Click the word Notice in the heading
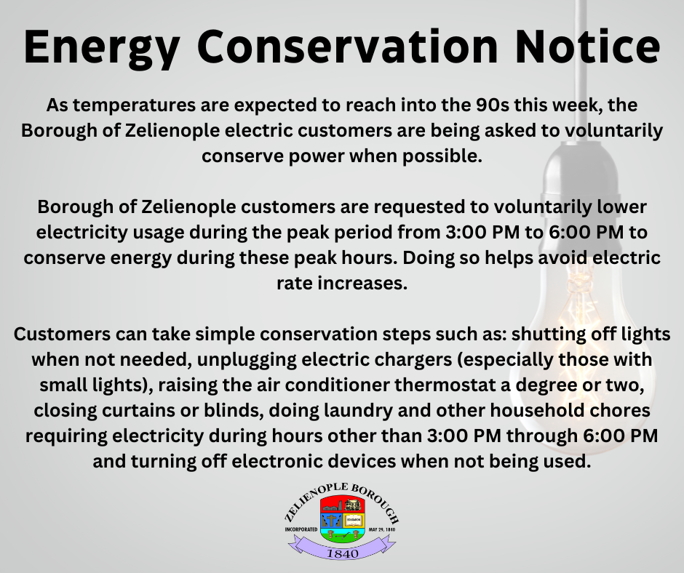click(587, 47)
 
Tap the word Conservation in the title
click(347, 47)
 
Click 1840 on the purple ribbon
click(343, 553)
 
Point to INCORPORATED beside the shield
click(301, 530)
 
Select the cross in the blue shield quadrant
click(332, 520)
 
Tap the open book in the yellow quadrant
click(353, 520)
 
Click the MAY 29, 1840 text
click(382, 530)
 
